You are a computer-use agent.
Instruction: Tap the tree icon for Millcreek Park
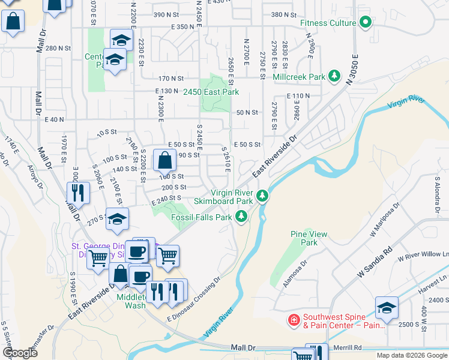334,77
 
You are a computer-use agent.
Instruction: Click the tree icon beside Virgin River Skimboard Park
262,196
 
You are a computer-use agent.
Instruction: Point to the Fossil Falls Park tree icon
241,217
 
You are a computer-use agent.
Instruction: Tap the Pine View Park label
303,238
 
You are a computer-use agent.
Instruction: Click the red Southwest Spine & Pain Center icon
294,320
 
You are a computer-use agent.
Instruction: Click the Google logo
20,352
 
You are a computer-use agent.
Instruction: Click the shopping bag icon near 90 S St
164,160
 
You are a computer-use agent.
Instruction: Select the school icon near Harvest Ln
386,308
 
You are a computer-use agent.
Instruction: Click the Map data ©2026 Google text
411,355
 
